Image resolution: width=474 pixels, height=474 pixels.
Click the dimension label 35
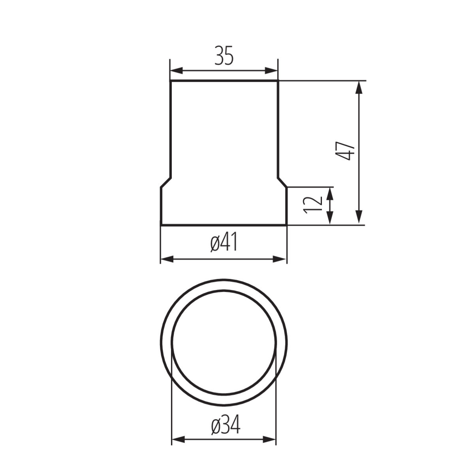pyautogui.click(x=224, y=56)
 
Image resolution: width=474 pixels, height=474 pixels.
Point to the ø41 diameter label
pyautogui.click(x=224, y=243)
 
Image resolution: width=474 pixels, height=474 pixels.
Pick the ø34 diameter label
pyautogui.click(x=226, y=425)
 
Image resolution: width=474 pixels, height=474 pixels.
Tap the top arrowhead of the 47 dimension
pyautogui.click(x=359, y=88)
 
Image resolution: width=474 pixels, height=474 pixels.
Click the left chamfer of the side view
pyautogui.click(x=166, y=182)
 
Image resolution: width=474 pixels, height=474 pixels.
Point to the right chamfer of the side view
pyautogui.click(x=282, y=182)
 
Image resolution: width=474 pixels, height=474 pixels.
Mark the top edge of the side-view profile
pyautogui.click(x=224, y=81)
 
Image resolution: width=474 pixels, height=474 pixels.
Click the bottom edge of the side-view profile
pyautogui.click(x=224, y=225)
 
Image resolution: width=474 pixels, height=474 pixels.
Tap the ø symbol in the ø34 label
pyautogui.click(x=216, y=426)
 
